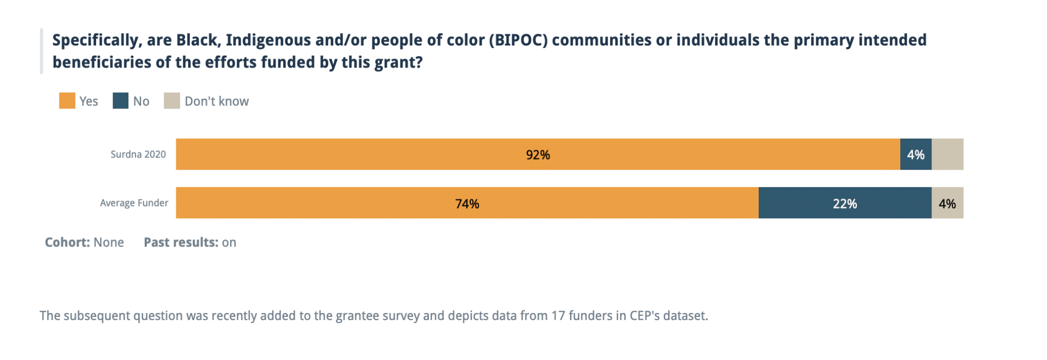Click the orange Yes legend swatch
pos(67,101)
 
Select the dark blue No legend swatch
pos(121,101)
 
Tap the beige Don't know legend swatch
pos(172,101)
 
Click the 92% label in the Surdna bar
pos(538,155)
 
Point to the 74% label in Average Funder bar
pos(467,204)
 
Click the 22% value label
pos(845,204)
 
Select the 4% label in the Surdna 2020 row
pos(916,155)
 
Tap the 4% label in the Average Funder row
pos(947,204)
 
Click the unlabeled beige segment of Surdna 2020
pos(947,154)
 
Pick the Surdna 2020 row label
pos(138,154)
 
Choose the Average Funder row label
pos(134,203)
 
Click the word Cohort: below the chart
pos(67,242)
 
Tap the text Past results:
pos(181,242)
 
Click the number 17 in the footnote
pos(558,316)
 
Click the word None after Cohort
pos(108,242)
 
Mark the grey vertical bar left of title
pos(41,51)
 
